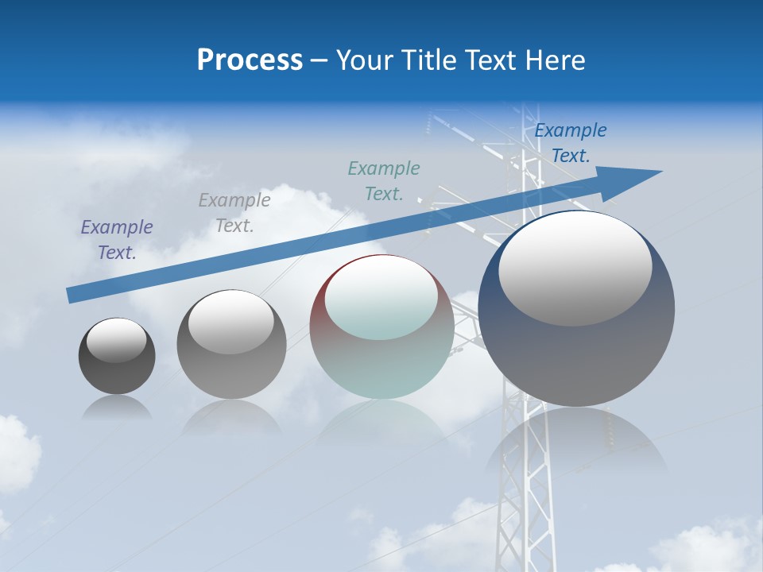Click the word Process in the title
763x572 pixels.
click(250, 60)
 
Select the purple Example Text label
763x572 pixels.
click(117, 239)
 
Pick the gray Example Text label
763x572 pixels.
click(234, 212)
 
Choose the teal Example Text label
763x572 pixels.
click(384, 180)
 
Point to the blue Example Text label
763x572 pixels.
click(571, 143)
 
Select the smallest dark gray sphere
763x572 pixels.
click(117, 373)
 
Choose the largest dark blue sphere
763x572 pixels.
click(576, 357)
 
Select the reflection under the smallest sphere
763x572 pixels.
click(117, 408)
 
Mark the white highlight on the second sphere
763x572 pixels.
click(231, 322)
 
